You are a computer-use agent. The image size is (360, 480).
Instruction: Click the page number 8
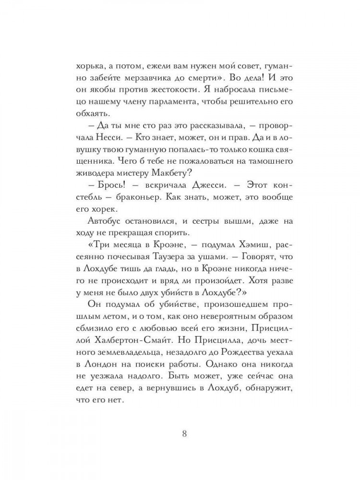(x=184, y=435)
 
